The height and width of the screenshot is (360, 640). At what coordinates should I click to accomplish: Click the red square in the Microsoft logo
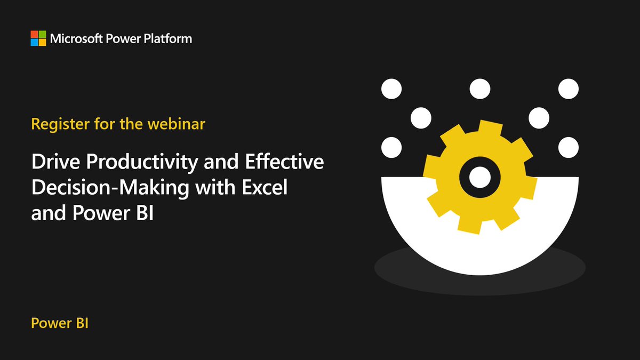34,34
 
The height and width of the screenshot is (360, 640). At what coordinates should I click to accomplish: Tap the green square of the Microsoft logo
42,34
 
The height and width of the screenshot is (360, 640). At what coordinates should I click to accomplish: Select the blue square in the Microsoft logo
34,42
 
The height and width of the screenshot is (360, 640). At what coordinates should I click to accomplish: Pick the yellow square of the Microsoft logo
42,42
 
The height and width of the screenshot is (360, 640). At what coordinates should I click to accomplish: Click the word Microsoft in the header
75,38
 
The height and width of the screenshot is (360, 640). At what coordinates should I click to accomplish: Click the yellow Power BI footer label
59,323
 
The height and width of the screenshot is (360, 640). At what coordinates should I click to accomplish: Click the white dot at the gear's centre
479,174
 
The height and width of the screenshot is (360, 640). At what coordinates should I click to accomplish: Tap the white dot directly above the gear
479,88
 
